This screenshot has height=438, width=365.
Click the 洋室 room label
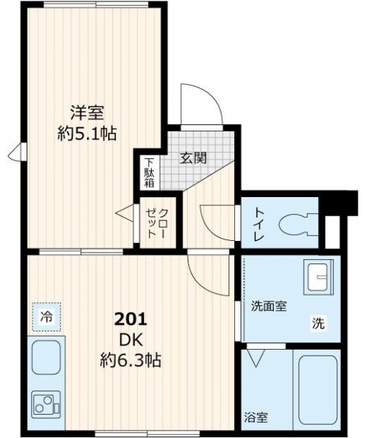(x=87, y=112)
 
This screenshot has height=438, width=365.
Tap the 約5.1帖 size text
(x=87, y=134)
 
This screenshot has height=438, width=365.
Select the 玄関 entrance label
(x=193, y=158)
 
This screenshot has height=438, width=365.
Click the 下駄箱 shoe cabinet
(x=150, y=173)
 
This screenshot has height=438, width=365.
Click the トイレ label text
(x=258, y=224)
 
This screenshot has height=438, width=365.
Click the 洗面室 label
(x=269, y=307)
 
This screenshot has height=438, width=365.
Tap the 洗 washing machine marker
(x=318, y=323)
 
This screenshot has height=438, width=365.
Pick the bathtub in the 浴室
(x=318, y=390)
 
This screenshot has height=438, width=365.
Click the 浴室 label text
(x=255, y=418)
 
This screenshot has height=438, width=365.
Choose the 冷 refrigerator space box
(x=47, y=317)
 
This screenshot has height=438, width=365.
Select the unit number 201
(x=131, y=319)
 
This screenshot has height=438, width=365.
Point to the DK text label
(x=131, y=340)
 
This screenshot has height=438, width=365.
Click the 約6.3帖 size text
(x=131, y=361)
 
